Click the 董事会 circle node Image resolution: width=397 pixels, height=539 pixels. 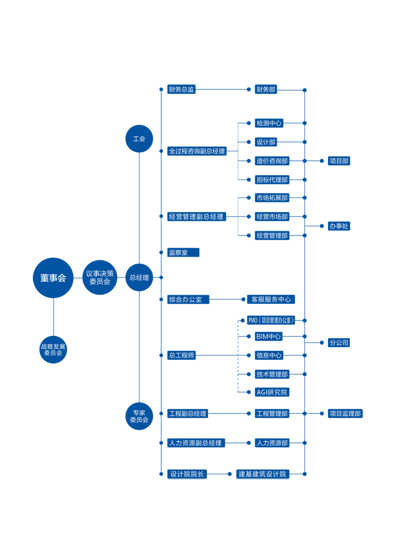click(53, 278)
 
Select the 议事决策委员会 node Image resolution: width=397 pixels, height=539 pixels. click(100, 277)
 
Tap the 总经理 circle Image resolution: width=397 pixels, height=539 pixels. click(139, 278)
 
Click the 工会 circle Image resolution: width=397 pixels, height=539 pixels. click(139, 138)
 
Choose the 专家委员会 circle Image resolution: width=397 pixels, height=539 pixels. click(139, 416)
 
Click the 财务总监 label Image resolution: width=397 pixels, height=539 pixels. click(181, 90)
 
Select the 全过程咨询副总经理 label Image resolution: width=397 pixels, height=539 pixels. click(197, 151)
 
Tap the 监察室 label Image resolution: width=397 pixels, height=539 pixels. click(178, 253)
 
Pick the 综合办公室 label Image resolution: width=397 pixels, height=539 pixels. click(185, 299)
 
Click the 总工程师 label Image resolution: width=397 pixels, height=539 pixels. click(181, 355)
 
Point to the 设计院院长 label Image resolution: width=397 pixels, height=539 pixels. click(187, 474)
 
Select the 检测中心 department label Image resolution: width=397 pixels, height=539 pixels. click(269, 123)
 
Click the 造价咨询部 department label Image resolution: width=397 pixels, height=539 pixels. click(272, 161)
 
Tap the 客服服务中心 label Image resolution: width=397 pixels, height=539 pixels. click(271, 299)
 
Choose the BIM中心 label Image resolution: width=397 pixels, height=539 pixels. click(268, 337)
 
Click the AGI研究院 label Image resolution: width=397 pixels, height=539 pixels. click(272, 392)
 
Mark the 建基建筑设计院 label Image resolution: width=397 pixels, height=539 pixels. click(263, 474)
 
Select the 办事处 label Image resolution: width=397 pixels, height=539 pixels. click(339, 226)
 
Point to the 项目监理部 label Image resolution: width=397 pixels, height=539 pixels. click(345, 413)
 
